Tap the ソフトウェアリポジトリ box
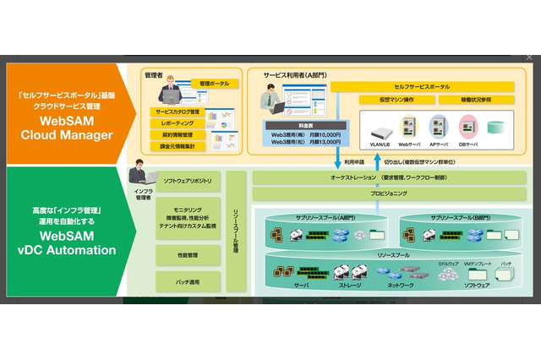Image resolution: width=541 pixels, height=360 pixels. pyautogui.click(x=188, y=181)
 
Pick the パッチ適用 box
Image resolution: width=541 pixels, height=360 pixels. pyautogui.click(x=188, y=281)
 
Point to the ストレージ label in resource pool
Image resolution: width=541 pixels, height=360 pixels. pyautogui.click(x=348, y=286)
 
